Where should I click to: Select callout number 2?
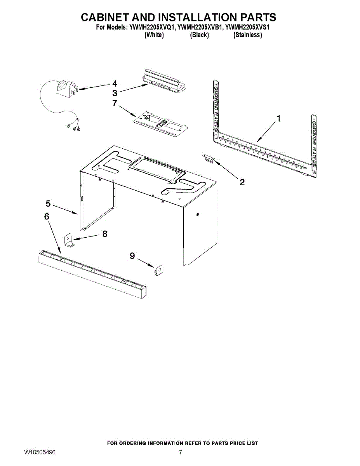242,182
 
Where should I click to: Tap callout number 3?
115,93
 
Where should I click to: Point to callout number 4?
115,83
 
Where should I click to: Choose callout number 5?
48,203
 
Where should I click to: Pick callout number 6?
47,216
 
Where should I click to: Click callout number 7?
114,103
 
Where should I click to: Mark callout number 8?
104,234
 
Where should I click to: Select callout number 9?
132,256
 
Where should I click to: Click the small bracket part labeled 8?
69,240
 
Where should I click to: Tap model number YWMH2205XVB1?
199,28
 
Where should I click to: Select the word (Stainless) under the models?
247,35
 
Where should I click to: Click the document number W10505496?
40,453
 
